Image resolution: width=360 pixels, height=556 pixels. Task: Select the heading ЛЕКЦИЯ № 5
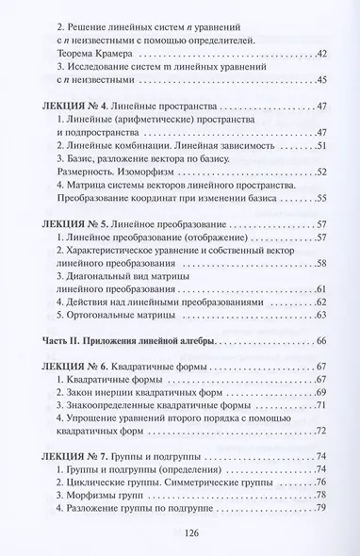(74, 226)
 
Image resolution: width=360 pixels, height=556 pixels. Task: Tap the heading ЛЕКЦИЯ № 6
(74, 366)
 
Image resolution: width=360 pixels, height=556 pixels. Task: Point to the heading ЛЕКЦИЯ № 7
(74, 457)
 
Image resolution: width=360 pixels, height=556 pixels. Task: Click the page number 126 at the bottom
(179, 535)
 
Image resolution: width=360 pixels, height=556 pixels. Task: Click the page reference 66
(321, 338)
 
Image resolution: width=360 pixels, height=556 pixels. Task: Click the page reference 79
(321, 510)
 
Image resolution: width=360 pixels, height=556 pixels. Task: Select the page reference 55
(321, 199)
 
